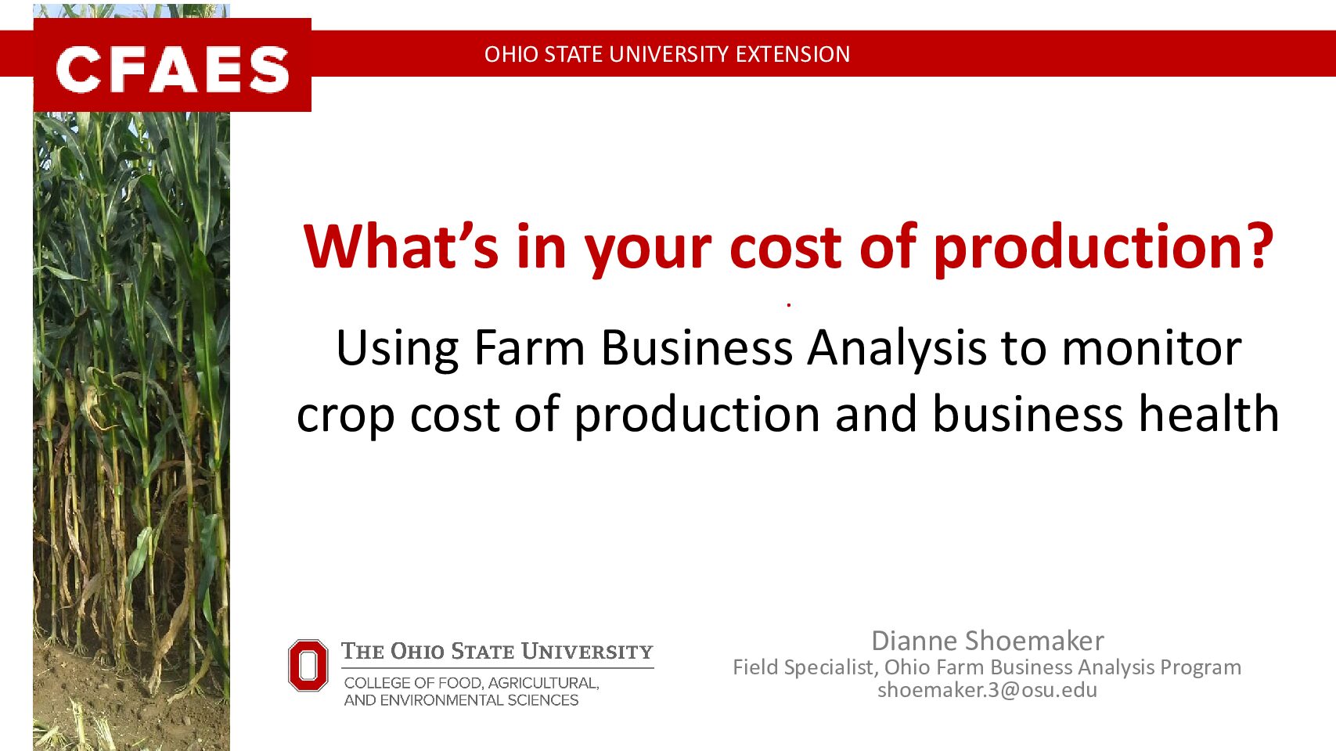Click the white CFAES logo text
click(172, 70)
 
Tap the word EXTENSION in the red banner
click(793, 54)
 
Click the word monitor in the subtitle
click(1152, 349)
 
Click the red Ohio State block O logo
click(308, 665)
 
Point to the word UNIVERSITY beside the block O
click(587, 651)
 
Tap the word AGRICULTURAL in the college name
click(543, 683)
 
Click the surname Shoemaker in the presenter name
click(1035, 641)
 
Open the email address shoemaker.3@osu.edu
click(987, 690)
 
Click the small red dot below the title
click(788, 305)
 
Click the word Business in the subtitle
click(697, 348)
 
